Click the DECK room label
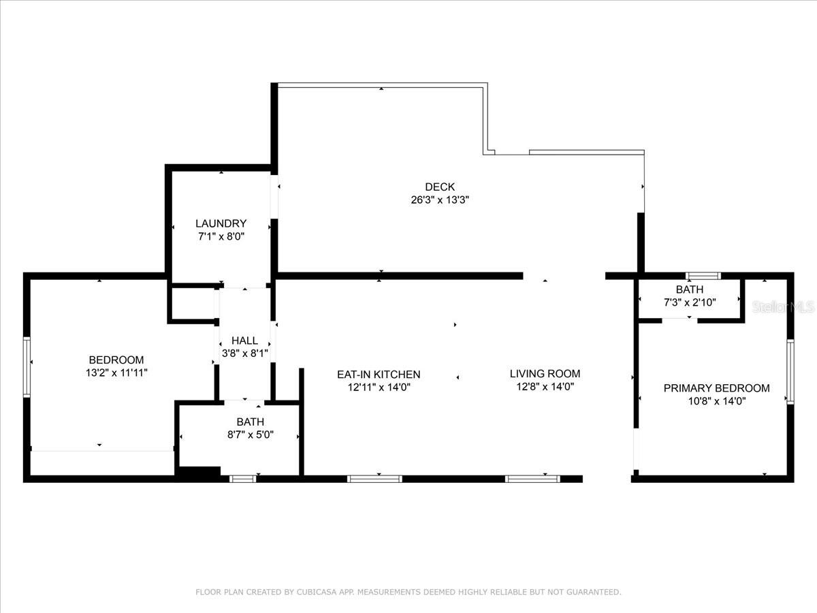pos(440,187)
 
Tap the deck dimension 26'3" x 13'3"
pos(440,200)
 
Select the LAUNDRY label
pos(221,223)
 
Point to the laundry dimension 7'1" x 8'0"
pos(221,237)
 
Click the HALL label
pos(244,341)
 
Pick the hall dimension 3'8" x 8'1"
pos(244,353)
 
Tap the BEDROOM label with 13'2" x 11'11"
pos(116,360)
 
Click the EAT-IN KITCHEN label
pos(379,375)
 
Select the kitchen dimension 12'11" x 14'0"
pos(379,388)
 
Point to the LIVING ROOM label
pos(545,374)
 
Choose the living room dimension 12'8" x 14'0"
pos(545,387)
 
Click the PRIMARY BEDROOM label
pos(716,388)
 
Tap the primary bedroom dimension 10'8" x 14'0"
pos(716,402)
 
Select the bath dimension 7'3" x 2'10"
pos(690,302)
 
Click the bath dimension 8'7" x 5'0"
pos(250,435)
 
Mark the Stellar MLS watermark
pos(783,306)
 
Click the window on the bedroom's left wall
pos(27,367)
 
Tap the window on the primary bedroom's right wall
pos(790,371)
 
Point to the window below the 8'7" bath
pos(242,479)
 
